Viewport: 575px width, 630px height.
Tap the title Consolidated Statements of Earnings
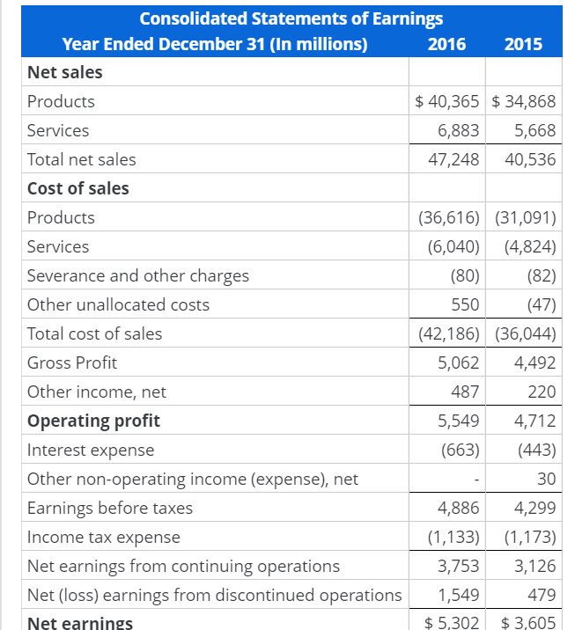tap(291, 18)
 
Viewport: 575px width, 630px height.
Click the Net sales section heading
tap(64, 72)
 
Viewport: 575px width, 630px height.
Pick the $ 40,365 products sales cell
tap(447, 101)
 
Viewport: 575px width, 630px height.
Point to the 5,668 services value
tap(534, 130)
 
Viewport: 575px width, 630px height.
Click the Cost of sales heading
tap(77, 188)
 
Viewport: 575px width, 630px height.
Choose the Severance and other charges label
tap(137, 275)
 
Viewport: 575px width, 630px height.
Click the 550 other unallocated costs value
tap(465, 304)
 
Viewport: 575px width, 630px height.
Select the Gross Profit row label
tap(71, 363)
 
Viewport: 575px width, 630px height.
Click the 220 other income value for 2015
tap(542, 392)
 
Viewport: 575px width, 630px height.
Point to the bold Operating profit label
tap(93, 421)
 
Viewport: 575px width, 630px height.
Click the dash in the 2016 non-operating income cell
tap(475, 480)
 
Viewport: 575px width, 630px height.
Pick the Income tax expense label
tap(103, 537)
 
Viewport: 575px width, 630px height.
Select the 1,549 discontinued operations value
tap(458, 595)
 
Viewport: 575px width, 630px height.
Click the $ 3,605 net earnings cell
tap(527, 623)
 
